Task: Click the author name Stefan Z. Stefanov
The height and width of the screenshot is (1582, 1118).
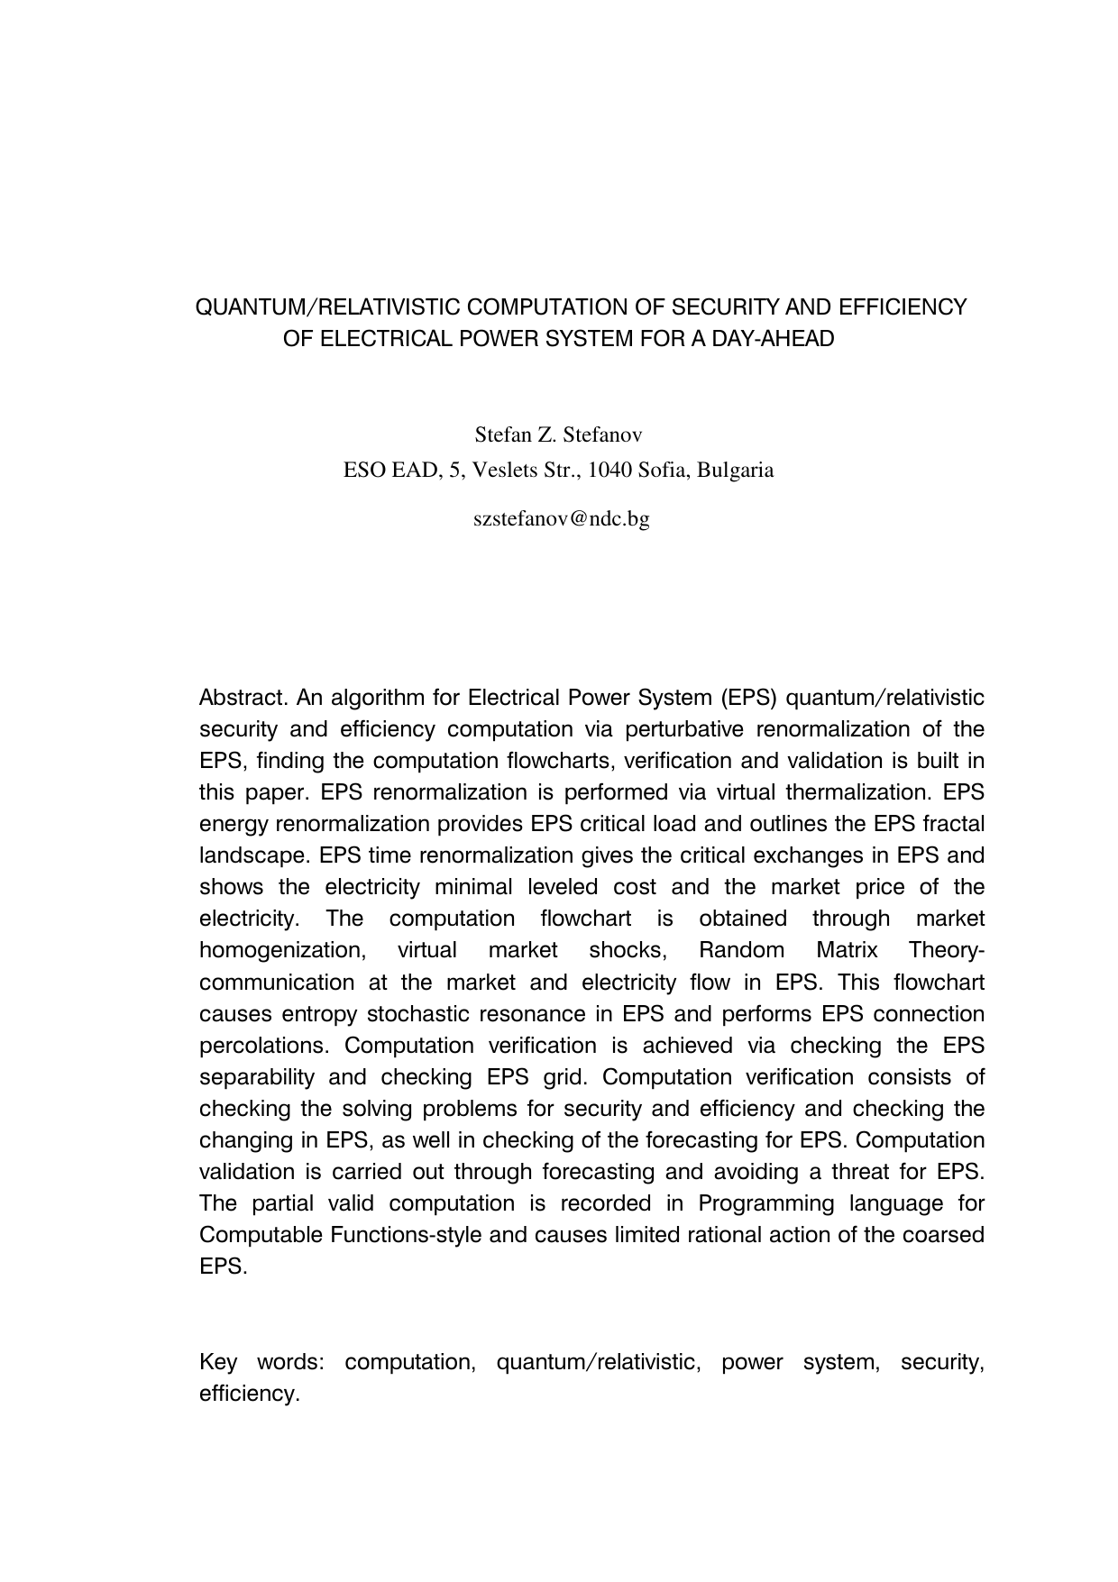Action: pyautogui.click(x=558, y=435)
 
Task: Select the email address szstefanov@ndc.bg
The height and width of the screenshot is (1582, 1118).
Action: pyautogui.click(x=561, y=519)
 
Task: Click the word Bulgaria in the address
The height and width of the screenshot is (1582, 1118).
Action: pyautogui.click(x=735, y=471)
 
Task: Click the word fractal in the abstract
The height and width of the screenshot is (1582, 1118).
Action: pyautogui.click(x=953, y=825)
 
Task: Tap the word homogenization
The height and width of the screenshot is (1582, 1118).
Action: pyautogui.click(x=279, y=951)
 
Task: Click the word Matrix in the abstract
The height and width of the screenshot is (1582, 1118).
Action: pyautogui.click(x=846, y=951)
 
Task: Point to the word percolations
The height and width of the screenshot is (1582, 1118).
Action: pyautogui.click(x=259, y=1046)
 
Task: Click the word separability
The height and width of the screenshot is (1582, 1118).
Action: pyautogui.click(x=256, y=1077)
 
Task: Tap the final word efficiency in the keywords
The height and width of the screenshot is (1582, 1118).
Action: pyautogui.click(x=248, y=1394)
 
